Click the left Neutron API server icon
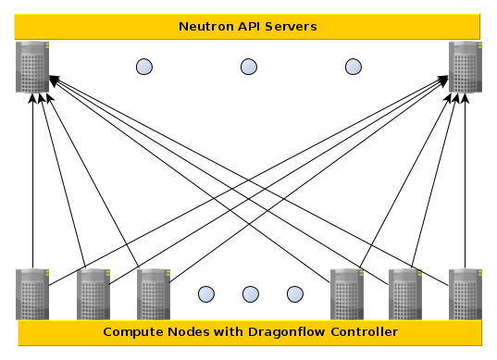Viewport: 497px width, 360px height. pos(32,67)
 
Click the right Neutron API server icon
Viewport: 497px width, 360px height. pos(465,67)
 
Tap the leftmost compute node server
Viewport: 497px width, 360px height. pos(32,293)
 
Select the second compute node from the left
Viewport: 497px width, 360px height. pos(93,293)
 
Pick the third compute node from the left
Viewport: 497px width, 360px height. pos(153,293)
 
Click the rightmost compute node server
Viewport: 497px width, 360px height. pos(465,293)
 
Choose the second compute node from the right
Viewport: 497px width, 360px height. pos(405,293)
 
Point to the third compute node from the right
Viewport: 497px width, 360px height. pos(346,293)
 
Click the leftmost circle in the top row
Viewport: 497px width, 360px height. pos(144,67)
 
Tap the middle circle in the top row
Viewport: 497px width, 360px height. pos(249,67)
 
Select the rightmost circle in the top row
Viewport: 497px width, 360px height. pos(353,67)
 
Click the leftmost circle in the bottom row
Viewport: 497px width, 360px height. pos(206,294)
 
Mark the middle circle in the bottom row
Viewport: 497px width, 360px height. pos(251,294)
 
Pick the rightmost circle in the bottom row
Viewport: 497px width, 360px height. pos(294,294)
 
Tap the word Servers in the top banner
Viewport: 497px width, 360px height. pos(291,26)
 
